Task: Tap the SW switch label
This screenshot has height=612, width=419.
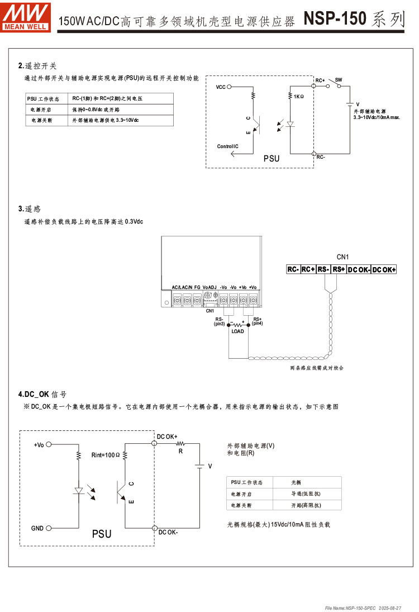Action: [339, 80]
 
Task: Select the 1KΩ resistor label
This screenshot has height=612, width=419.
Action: [299, 97]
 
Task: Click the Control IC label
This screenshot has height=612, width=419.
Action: [228, 146]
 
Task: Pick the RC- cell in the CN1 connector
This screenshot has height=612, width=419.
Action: [293, 269]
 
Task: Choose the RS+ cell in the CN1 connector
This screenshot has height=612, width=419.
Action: [339, 269]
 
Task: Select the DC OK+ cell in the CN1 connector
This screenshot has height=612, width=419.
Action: [384, 269]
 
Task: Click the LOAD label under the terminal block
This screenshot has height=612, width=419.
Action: [238, 331]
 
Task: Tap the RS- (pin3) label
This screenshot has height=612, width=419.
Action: [219, 321]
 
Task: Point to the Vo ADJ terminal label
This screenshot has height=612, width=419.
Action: [209, 287]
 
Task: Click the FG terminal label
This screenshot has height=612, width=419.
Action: [197, 287]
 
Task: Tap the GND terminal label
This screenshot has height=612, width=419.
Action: [37, 528]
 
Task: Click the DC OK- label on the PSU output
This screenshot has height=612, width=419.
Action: [168, 532]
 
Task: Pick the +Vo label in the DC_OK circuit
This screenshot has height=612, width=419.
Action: [39, 445]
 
